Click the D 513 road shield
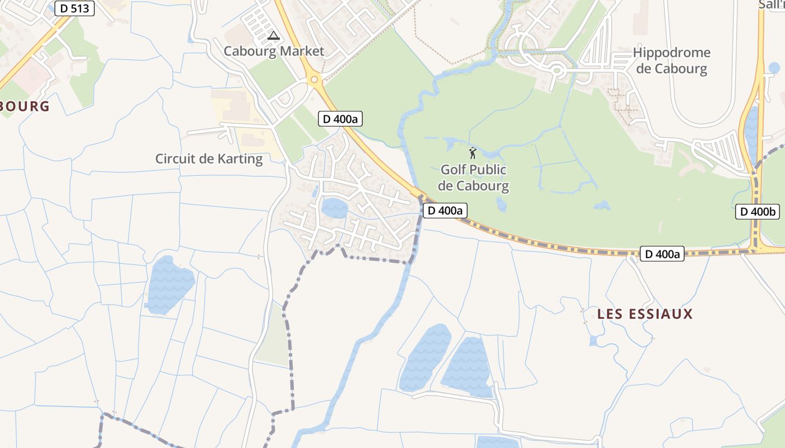[x=75, y=8]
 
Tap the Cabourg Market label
[x=274, y=52]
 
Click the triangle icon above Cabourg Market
[x=273, y=36]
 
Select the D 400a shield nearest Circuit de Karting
[x=340, y=119]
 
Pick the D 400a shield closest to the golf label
[x=445, y=211]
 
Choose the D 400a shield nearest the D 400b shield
[x=662, y=254]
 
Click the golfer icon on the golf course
[x=473, y=152]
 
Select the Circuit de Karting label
[x=209, y=159]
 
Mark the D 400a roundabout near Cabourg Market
[x=314, y=80]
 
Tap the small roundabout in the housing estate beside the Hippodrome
[x=556, y=71]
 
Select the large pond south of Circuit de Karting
[x=169, y=283]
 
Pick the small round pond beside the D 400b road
[x=774, y=68]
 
